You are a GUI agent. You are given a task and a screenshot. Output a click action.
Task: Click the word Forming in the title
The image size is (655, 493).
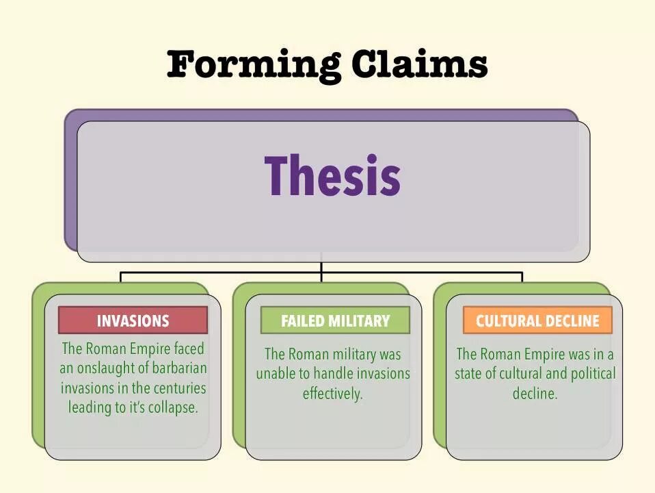[x=254, y=65]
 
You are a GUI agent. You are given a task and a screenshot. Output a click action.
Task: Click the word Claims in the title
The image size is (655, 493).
[x=419, y=65]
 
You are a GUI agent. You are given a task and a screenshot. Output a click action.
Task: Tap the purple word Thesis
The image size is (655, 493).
[x=332, y=176]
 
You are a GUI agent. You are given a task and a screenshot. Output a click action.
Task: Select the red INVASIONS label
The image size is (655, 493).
[x=133, y=320]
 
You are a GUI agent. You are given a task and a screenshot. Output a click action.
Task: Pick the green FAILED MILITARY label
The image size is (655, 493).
[x=335, y=320]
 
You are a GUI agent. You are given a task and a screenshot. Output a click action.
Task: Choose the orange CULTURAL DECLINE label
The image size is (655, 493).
[x=537, y=320]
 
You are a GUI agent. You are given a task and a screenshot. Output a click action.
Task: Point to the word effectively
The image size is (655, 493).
[x=333, y=394]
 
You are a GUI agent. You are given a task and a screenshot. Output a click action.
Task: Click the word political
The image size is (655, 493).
[x=589, y=374]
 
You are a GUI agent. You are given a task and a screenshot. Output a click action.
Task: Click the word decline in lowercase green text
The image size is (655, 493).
[x=535, y=394]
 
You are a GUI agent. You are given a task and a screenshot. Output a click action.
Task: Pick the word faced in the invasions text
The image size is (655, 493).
[x=189, y=349]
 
